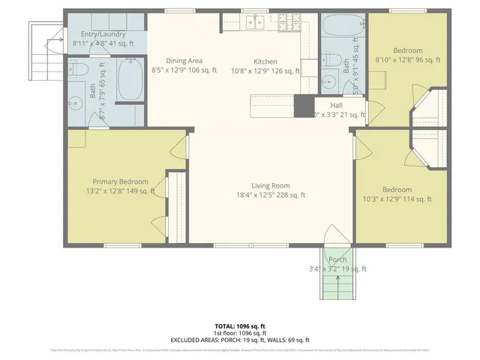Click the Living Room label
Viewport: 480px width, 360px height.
pos(271,185)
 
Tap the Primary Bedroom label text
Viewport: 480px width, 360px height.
pos(120,181)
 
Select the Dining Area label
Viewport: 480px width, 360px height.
pos(183,61)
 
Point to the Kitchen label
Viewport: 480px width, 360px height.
pos(265,61)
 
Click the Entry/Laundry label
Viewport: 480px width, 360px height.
pos(103,34)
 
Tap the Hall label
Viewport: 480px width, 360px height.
pos(336,106)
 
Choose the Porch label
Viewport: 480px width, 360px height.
pos(337,259)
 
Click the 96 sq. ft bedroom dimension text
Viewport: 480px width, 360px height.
pos(407,59)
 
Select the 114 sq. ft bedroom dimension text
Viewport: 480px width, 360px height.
pos(397,199)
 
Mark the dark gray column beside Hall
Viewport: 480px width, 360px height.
pos(303,106)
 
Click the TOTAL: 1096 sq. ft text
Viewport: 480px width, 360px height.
pos(240,326)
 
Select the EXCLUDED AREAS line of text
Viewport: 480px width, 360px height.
pos(240,339)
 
